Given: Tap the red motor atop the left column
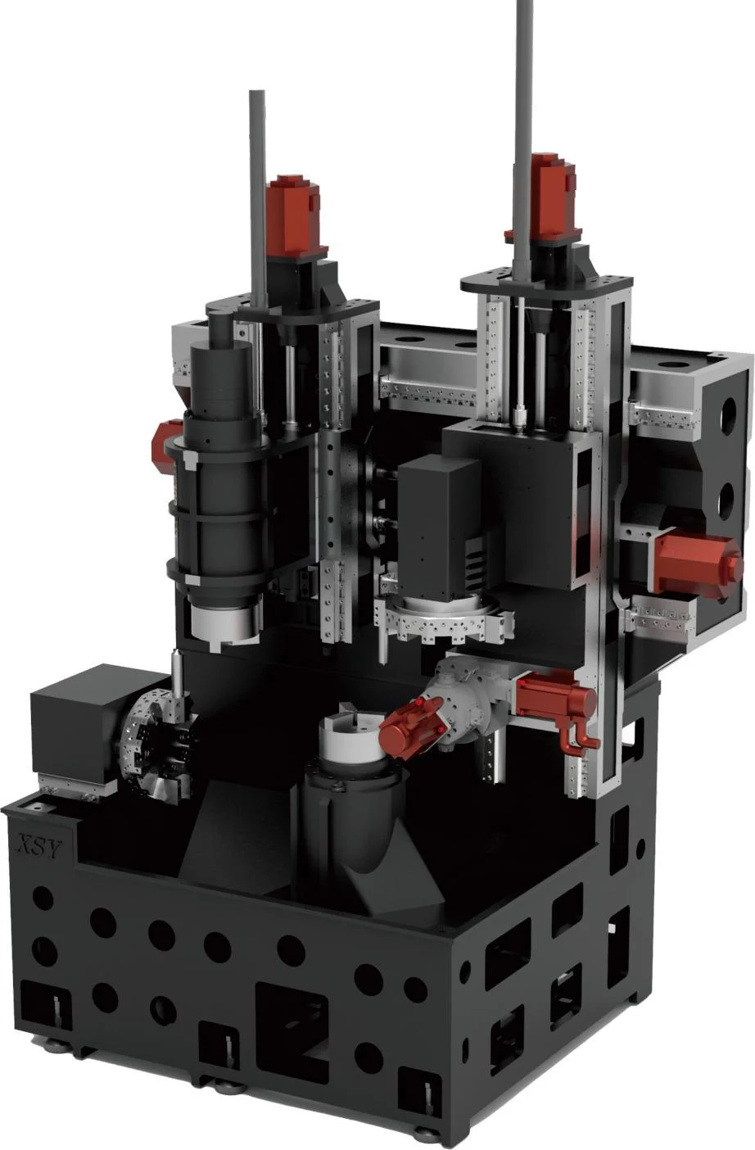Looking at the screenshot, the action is (296, 215).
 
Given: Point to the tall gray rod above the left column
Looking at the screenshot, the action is (258, 195).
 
